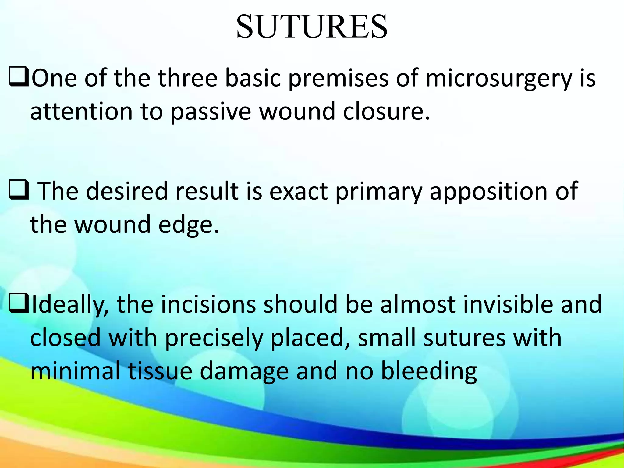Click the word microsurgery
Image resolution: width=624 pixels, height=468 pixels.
[x=499, y=79]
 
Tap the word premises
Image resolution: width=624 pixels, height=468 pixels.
[x=338, y=79]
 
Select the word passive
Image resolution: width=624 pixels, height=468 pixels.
[x=211, y=112]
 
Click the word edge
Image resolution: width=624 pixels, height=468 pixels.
[x=188, y=225]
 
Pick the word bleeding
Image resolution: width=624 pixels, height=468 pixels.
[x=429, y=371]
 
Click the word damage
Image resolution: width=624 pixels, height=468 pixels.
[x=244, y=372]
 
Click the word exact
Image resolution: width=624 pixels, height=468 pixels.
[x=299, y=191]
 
